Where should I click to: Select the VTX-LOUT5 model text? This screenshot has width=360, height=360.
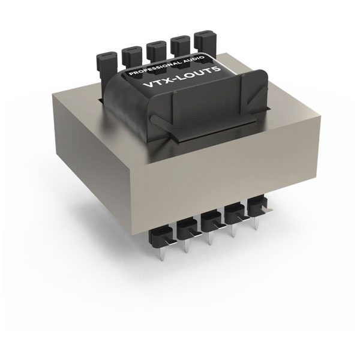(182, 77)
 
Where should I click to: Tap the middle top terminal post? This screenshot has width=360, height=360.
(155, 51)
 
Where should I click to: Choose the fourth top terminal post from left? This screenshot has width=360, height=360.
(179, 46)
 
